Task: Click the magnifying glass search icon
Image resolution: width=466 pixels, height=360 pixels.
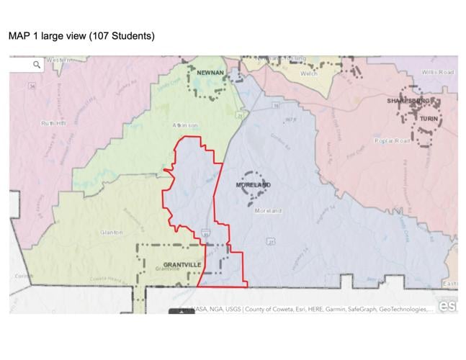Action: point(37,65)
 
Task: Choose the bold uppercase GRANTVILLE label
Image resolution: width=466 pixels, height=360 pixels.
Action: point(182,264)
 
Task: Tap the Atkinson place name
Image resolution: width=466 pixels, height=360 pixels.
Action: point(184,125)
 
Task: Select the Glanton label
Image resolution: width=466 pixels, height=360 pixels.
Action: point(112,233)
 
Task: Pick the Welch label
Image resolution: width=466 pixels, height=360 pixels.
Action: point(309,73)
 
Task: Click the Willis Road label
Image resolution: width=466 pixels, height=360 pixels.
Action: point(439,73)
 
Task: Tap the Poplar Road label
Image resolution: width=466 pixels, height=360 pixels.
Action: point(412,142)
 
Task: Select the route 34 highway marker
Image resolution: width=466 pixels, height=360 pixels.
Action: point(32,86)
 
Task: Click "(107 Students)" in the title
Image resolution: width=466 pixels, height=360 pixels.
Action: point(120,35)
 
